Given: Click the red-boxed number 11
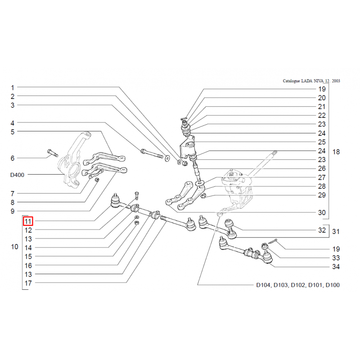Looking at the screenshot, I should pyautogui.click(x=28, y=221).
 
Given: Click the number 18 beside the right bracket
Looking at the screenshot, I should pyautogui.click(x=336, y=152).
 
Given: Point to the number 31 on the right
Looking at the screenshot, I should pyautogui.click(x=336, y=232).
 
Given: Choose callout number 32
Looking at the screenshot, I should pyautogui.click(x=321, y=230).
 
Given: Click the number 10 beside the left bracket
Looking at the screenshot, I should pyautogui.click(x=14, y=247).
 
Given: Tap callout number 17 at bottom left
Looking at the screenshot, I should pyautogui.click(x=28, y=283).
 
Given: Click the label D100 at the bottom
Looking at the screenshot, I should pyautogui.click(x=333, y=285).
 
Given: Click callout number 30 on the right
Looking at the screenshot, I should pyautogui.click(x=321, y=213).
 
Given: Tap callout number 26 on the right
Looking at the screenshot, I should pyautogui.click(x=321, y=169).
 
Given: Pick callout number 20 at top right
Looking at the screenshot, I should pyautogui.click(x=321, y=98).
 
